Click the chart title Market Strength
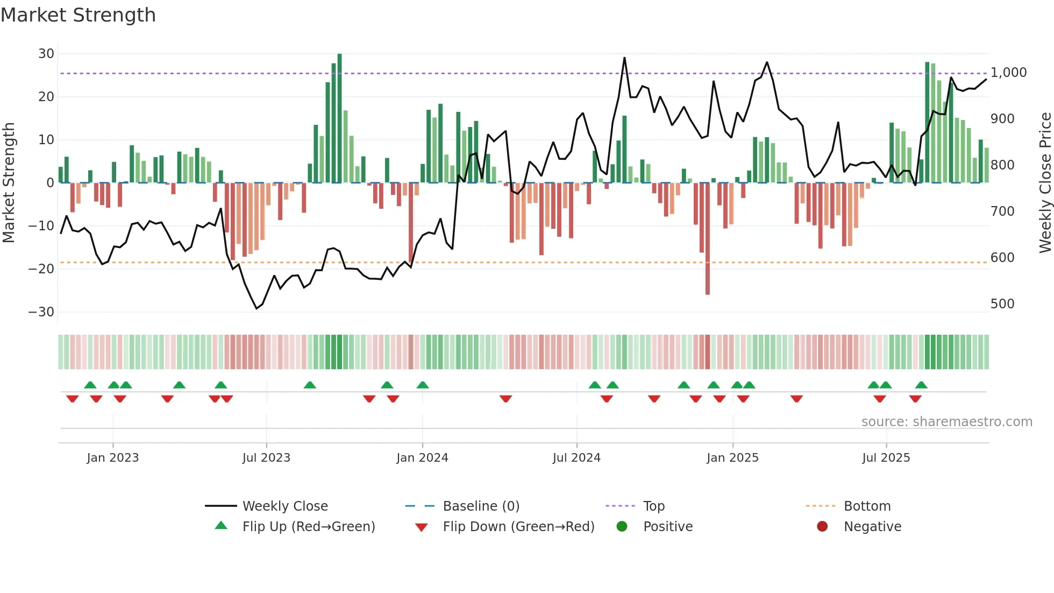[x=78, y=15]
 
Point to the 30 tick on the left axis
[x=46, y=54]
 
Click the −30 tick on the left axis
[x=41, y=312]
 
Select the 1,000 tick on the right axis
[x=1008, y=73]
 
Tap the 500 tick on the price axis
[x=1002, y=304]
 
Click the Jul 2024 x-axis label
[x=576, y=458]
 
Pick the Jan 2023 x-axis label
[x=112, y=458]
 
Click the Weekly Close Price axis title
[x=1045, y=183]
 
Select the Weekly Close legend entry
[x=284, y=506]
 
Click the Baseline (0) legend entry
[x=481, y=506]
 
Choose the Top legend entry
[x=653, y=506]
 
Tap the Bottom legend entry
[x=867, y=506]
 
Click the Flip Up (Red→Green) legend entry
[x=308, y=527]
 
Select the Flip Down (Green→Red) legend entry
[x=518, y=527]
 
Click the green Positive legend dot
[x=622, y=527]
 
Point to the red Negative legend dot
[x=822, y=527]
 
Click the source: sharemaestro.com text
[x=946, y=422]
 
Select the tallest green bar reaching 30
[x=339, y=118]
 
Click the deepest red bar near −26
[x=707, y=239]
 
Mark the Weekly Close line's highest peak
[x=624, y=58]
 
